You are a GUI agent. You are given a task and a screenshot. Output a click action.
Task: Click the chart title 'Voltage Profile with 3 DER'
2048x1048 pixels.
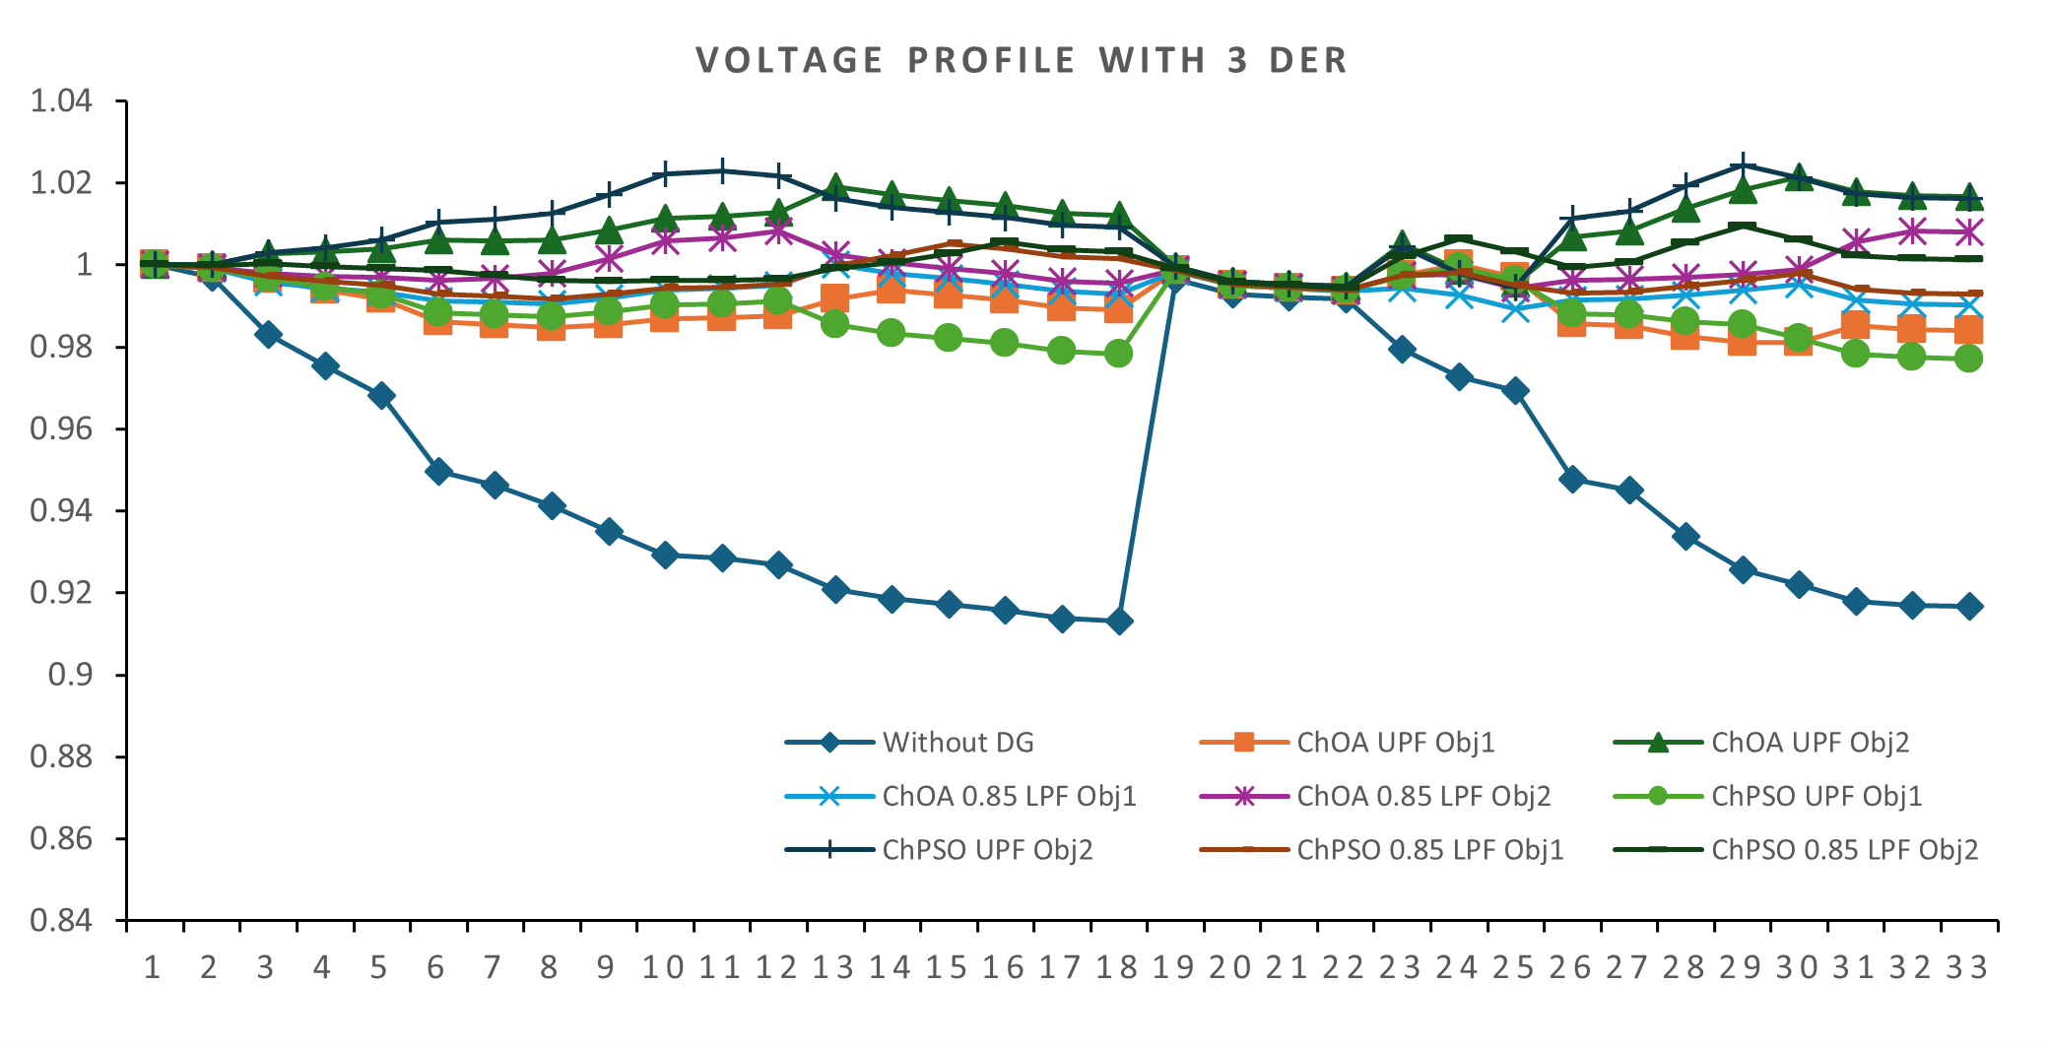click(1022, 60)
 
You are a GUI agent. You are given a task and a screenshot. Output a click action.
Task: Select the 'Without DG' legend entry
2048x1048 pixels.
click(958, 743)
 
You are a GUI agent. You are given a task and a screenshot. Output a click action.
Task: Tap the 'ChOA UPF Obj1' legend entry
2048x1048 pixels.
click(1395, 743)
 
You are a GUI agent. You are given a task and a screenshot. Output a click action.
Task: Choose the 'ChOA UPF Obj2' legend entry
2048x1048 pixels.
click(1810, 743)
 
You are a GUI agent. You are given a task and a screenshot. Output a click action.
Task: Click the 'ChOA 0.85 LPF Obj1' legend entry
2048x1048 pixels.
click(1009, 796)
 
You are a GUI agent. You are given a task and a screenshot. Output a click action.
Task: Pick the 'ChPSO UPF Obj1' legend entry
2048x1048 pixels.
click(1816, 796)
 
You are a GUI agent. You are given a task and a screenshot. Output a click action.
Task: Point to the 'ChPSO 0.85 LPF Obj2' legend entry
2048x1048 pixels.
click(1844, 849)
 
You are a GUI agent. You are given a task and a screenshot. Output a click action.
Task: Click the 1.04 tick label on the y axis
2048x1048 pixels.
click(61, 100)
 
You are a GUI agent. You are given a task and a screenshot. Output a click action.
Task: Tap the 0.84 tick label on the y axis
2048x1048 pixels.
click(61, 920)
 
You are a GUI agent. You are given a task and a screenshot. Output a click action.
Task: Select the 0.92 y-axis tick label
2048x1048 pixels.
click(61, 593)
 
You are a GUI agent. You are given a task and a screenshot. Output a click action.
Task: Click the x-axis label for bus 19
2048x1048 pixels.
click(1173, 967)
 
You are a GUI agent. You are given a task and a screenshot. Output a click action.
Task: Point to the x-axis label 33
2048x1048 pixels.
click(1967, 967)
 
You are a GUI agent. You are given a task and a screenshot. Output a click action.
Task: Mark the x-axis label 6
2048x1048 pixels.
click(436, 967)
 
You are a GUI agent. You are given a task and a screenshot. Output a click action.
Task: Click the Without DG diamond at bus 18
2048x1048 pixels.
click(1119, 622)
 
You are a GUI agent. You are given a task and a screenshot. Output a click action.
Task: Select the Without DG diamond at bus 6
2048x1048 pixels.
click(438, 472)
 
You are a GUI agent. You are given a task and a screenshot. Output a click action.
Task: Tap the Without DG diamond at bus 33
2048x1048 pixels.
click(1969, 607)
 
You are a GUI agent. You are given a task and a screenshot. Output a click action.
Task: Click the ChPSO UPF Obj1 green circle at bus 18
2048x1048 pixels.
click(1119, 354)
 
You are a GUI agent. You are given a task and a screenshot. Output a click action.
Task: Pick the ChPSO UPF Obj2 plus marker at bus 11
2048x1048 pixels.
click(722, 171)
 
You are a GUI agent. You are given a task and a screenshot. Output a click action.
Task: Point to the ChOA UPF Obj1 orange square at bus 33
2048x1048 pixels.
click(1969, 331)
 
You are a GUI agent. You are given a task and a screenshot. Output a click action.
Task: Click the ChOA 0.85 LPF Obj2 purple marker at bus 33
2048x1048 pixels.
click(1969, 233)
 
